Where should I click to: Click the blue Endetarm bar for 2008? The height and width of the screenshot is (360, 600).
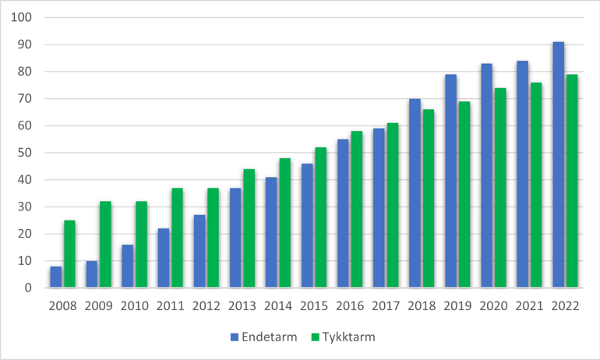click(x=57, y=277)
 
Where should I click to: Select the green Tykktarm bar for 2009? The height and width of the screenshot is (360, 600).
click(x=106, y=245)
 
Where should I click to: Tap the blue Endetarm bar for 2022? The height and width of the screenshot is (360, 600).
click(x=559, y=165)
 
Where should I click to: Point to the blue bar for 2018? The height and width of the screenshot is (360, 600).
click(x=415, y=193)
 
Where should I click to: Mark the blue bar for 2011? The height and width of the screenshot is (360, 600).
click(x=164, y=258)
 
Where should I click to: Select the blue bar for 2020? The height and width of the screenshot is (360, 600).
click(x=486, y=176)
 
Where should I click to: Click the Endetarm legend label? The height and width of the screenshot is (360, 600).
click(x=270, y=337)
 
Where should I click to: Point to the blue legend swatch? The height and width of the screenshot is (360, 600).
click(x=234, y=337)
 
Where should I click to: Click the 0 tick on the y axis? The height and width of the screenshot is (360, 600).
click(x=29, y=288)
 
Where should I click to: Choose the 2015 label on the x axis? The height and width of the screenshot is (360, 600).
click(x=315, y=305)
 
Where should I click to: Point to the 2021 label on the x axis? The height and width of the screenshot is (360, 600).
click(x=529, y=305)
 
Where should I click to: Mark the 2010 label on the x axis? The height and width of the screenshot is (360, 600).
click(x=135, y=305)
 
